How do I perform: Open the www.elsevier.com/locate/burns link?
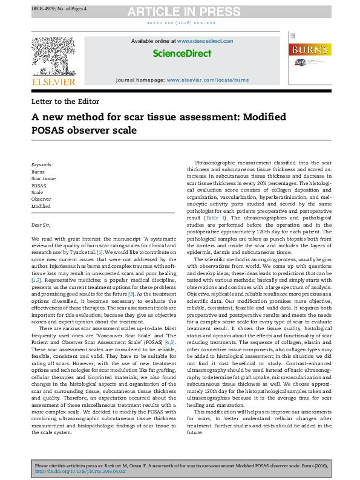(208, 80)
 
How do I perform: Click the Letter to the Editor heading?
(67, 102)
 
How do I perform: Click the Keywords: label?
(42, 164)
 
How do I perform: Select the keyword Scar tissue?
(44, 179)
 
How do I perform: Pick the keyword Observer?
(41, 199)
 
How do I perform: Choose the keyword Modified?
(41, 206)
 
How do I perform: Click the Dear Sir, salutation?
(42, 224)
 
